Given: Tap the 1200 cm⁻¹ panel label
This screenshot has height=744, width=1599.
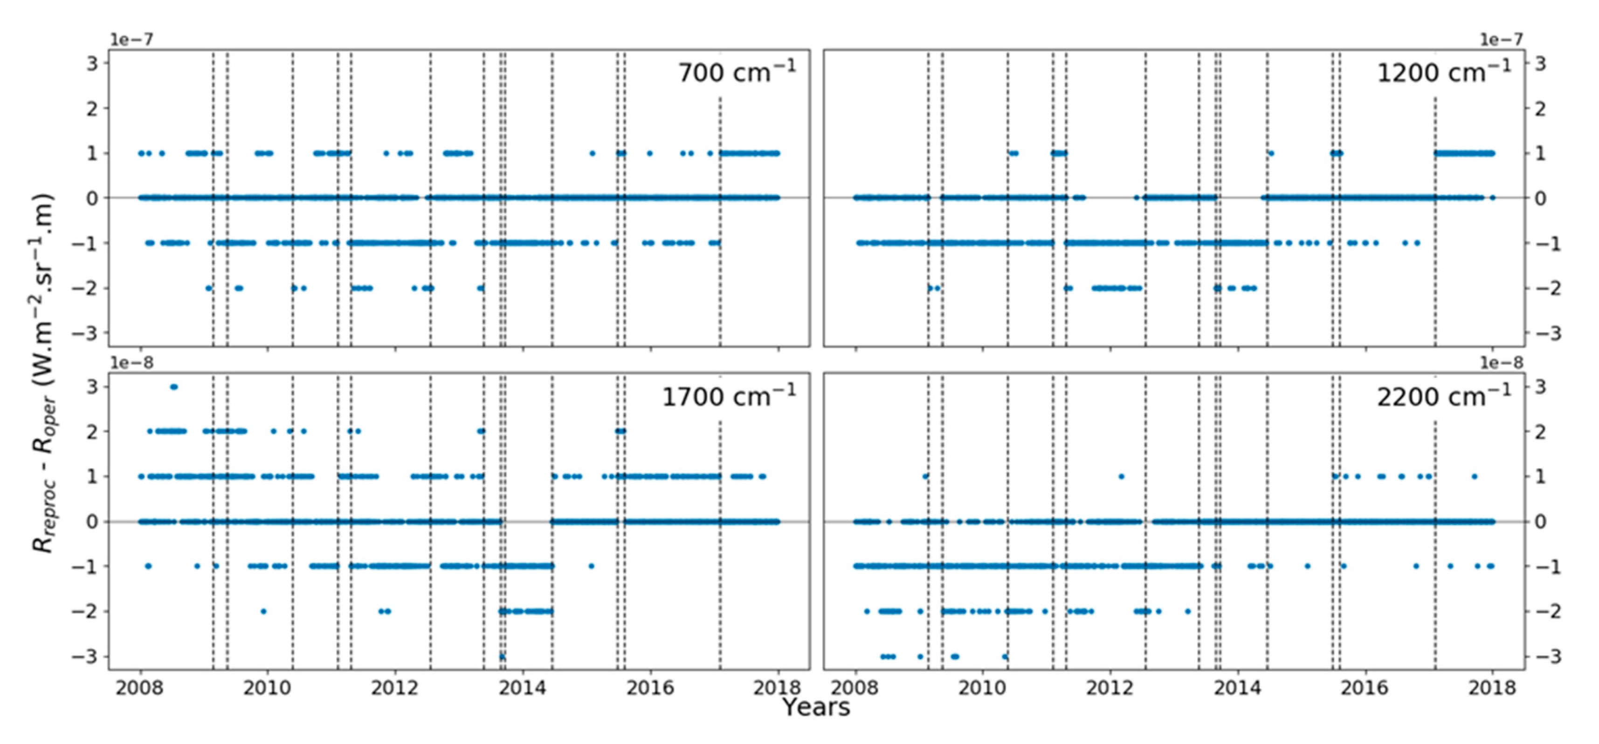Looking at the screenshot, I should click(1444, 73).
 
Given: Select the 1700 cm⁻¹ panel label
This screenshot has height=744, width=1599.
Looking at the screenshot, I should click(729, 396).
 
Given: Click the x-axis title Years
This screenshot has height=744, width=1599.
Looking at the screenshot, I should click(816, 707).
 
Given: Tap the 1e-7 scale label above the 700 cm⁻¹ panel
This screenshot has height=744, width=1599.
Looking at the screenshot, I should click(131, 39).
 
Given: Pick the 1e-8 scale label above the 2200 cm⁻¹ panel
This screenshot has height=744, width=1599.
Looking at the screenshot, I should click(1501, 363).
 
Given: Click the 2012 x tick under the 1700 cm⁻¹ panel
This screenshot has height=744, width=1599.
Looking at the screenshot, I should click(395, 688).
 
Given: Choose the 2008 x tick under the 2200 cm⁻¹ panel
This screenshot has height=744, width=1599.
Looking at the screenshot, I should click(855, 688).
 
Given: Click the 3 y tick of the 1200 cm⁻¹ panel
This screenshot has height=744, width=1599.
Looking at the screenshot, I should click(1540, 63).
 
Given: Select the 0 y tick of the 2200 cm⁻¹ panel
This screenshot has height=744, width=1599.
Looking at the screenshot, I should click(1540, 521).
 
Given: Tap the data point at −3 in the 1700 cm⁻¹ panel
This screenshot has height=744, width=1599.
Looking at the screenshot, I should click(502, 656).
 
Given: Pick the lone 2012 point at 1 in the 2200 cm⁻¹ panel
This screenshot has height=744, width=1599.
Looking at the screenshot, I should click(1121, 477).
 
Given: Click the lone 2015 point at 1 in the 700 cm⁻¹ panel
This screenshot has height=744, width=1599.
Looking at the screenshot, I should click(592, 153).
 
